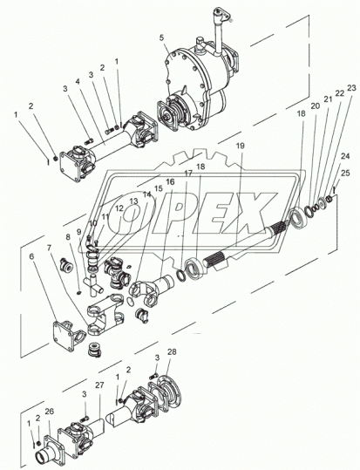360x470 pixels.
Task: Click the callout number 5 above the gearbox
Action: click(x=161, y=38)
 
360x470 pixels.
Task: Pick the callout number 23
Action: click(x=351, y=89)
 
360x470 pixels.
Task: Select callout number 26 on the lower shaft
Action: click(x=49, y=412)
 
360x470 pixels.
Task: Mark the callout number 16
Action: click(x=170, y=181)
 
